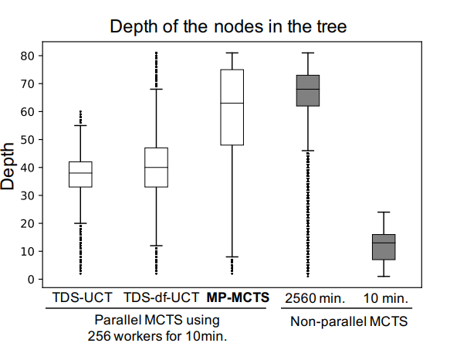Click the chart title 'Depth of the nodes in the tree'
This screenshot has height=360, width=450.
(228, 26)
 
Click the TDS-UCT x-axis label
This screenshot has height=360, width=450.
(80, 297)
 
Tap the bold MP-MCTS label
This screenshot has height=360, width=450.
(236, 297)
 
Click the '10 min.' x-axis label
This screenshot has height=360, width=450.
(384, 297)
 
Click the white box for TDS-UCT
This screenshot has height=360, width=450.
(80, 174)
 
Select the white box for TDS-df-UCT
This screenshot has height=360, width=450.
(157, 167)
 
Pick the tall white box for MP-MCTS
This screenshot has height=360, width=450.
(232, 107)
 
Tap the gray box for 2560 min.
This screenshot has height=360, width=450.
(308, 90)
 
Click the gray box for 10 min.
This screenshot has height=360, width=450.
(384, 246)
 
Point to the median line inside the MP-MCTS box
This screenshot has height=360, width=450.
(232, 103)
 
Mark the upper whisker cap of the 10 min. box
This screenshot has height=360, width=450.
(384, 212)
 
